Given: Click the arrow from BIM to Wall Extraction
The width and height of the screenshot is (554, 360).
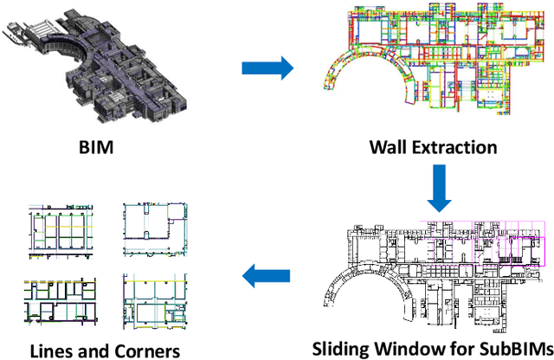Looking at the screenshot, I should (x=264, y=67).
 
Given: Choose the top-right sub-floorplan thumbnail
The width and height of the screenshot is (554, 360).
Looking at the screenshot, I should (x=153, y=230).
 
